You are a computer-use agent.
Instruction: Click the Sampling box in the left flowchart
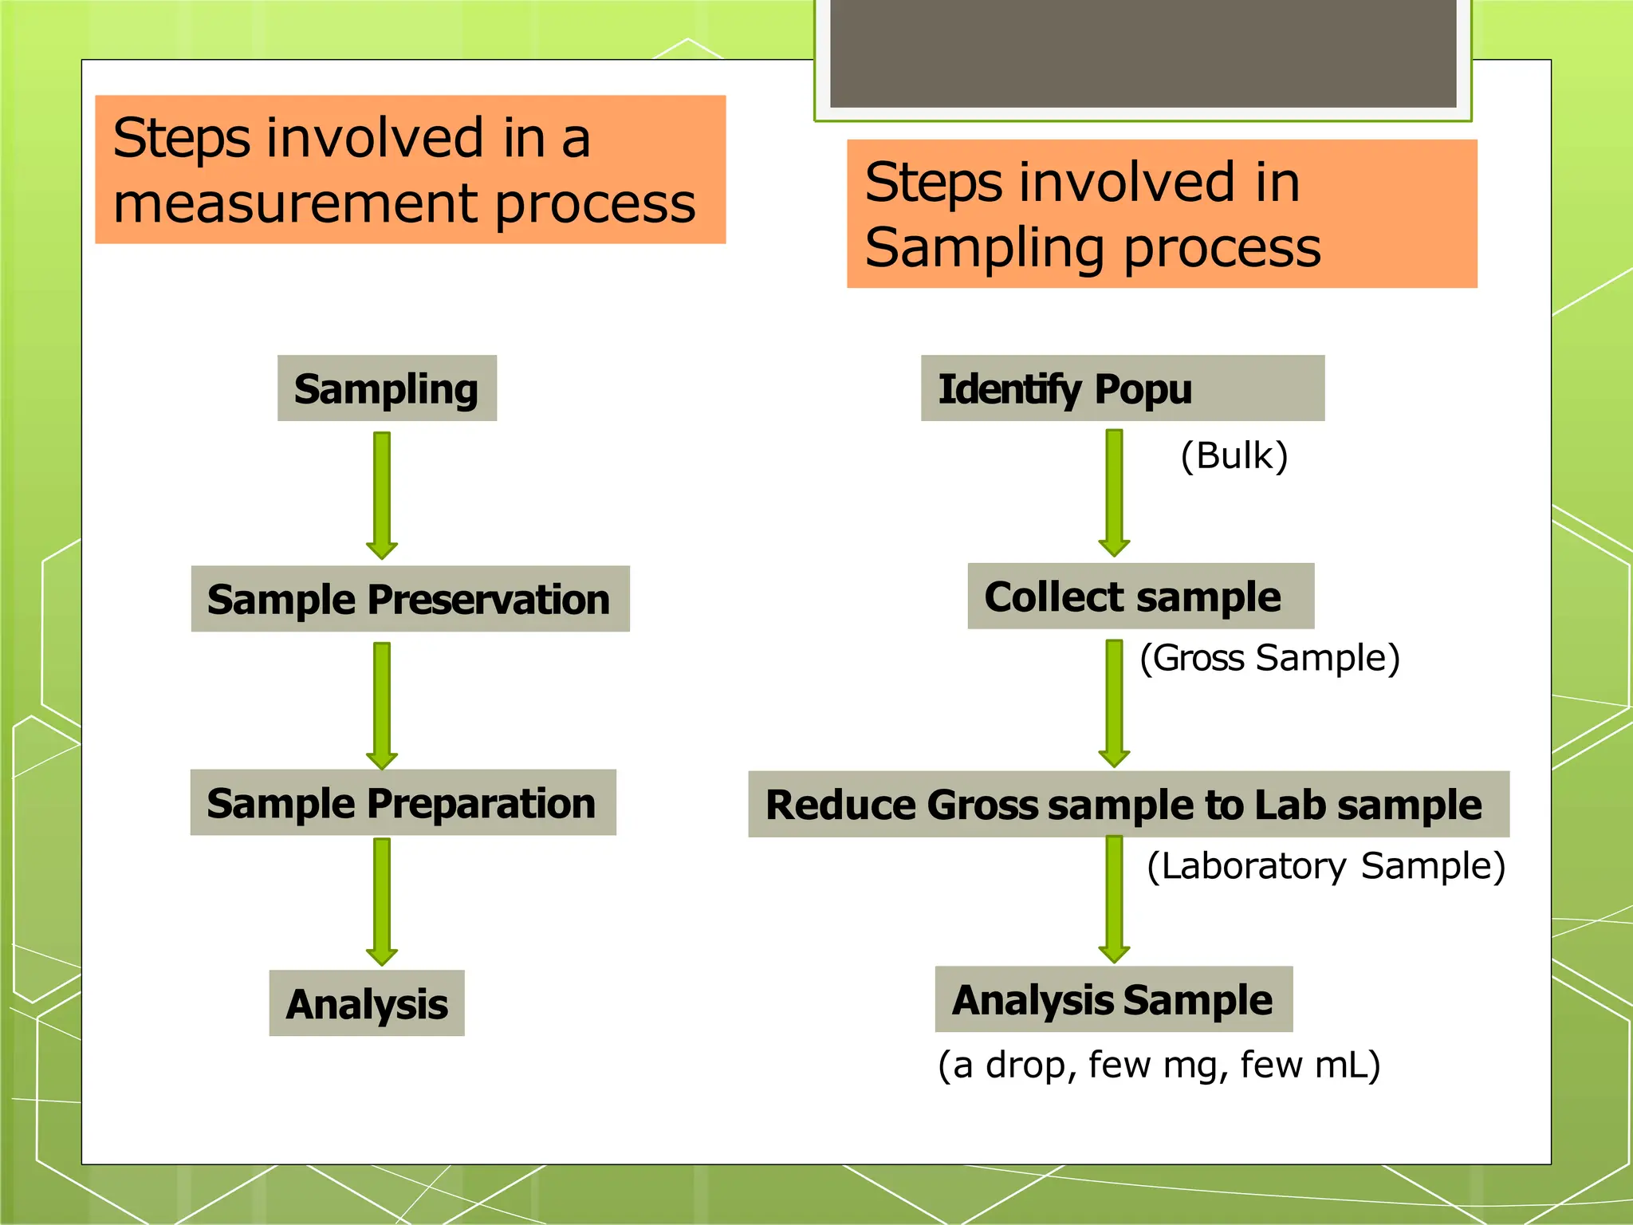[x=387, y=388]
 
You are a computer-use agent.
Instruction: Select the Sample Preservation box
[x=410, y=599]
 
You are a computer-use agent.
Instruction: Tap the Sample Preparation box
[x=403, y=802]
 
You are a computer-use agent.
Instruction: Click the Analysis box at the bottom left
[x=367, y=1003]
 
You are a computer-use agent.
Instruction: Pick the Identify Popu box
[x=1122, y=388]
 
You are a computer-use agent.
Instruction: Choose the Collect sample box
[x=1140, y=596]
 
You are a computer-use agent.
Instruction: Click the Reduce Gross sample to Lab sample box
[x=1127, y=804]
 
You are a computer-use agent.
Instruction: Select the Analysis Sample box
[x=1113, y=999]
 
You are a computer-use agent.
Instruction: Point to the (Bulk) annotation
[x=1234, y=456]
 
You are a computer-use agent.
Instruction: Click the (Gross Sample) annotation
[x=1269, y=659]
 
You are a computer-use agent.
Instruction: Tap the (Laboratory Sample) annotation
[x=1325, y=867]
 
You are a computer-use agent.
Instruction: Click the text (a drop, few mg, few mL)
[x=1159, y=1065]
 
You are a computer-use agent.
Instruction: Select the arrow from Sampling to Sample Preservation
[x=382, y=494]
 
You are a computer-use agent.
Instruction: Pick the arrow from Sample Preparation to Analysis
[x=382, y=901]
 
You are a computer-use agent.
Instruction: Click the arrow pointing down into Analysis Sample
[x=1114, y=899]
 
